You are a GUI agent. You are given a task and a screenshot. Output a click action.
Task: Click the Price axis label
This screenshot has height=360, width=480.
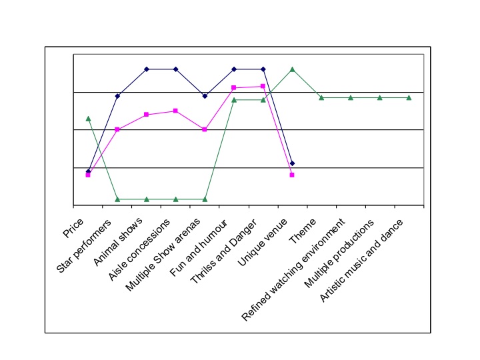click(x=73, y=228)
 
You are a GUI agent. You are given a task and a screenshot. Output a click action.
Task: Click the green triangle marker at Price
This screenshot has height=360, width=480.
click(x=88, y=118)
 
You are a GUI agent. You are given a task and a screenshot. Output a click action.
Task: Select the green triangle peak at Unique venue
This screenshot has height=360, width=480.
click(x=293, y=69)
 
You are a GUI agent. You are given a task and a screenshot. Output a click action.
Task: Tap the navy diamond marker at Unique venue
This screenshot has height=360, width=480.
click(x=293, y=163)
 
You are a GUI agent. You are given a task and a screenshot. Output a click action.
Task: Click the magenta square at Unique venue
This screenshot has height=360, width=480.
click(x=292, y=175)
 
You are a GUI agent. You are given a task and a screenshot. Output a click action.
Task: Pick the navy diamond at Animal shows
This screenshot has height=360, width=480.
click(x=147, y=69)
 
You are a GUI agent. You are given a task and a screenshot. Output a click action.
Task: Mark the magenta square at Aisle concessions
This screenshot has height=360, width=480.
click(x=175, y=111)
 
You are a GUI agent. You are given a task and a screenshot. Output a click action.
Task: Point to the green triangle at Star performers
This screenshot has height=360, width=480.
click(x=117, y=199)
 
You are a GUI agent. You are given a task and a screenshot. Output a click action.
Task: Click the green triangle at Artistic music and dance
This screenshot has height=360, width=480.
click(x=409, y=97)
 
